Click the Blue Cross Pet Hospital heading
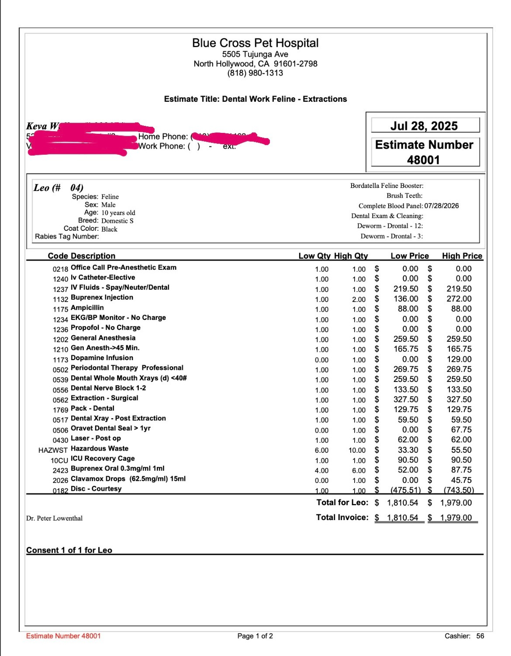point(255,43)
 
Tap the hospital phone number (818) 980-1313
point(255,73)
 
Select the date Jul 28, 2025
point(424,126)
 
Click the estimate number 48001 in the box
point(423,160)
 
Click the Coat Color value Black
point(109,229)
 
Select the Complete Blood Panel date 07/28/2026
point(441,206)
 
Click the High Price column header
point(462,256)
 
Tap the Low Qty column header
point(314,256)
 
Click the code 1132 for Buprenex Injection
point(61,299)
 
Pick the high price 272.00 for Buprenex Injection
point(459,299)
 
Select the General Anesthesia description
point(103,338)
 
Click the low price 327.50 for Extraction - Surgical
point(406,399)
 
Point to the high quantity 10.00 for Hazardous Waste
point(357,450)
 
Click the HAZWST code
point(53,450)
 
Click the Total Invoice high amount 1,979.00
point(456,518)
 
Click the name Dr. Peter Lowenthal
point(54,518)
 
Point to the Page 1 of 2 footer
point(255,636)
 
